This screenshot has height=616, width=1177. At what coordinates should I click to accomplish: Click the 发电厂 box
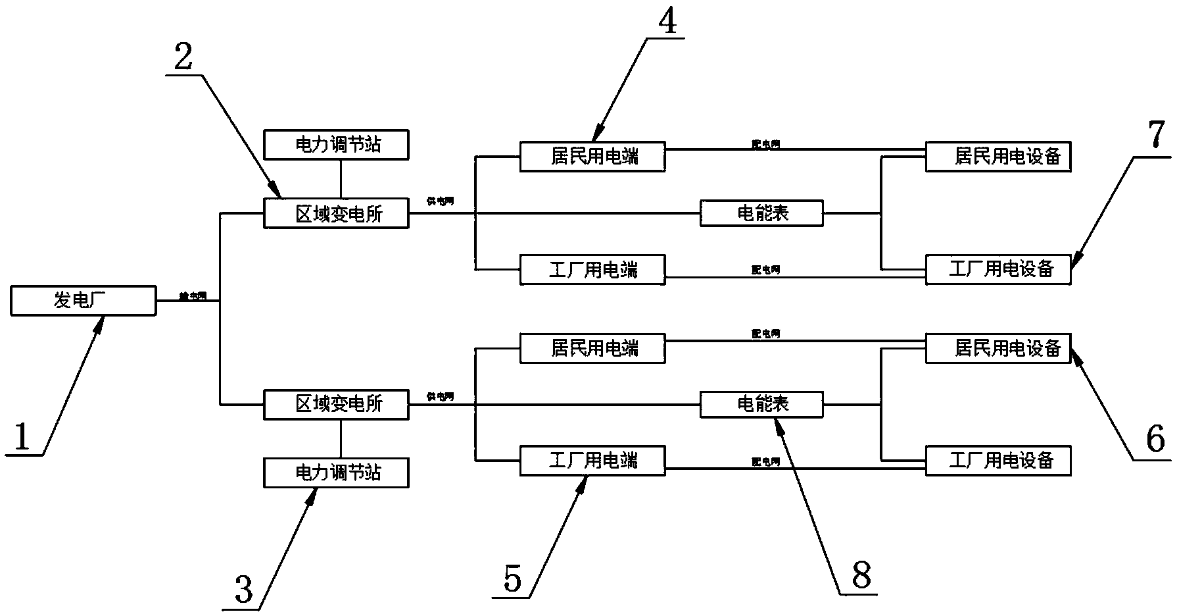[x=84, y=301]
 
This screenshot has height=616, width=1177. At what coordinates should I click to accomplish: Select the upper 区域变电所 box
[x=336, y=214]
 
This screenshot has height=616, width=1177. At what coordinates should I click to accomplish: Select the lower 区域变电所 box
[x=336, y=404]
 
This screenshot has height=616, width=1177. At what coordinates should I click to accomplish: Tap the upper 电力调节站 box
[x=336, y=145]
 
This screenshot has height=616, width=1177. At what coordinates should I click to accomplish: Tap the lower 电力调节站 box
[x=336, y=473]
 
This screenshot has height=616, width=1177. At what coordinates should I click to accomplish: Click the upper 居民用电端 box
[x=592, y=157]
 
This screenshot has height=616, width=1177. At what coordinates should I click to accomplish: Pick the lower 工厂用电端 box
[x=592, y=460]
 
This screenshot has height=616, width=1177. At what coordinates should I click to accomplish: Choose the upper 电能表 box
[x=761, y=213]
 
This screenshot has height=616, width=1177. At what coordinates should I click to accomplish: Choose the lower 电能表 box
[x=761, y=404]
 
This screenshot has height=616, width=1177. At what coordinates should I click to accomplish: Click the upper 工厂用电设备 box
[x=998, y=269]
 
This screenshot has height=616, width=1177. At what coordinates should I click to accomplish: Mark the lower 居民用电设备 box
[x=998, y=347]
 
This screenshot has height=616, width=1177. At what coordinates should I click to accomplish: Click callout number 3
[x=243, y=589]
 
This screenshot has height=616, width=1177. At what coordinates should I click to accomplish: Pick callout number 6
[x=1155, y=439]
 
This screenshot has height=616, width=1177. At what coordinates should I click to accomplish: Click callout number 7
[x=1155, y=136]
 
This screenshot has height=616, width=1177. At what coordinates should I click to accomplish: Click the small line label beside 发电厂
[x=193, y=297]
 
